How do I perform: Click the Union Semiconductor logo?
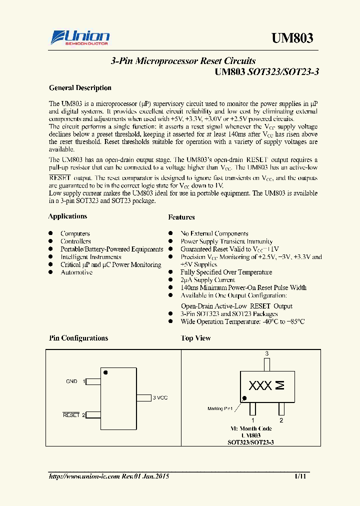pyautogui.click(x=80, y=37)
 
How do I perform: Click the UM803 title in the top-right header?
pyautogui.click(x=292, y=38)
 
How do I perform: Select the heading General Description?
pyautogui.click(x=80, y=88)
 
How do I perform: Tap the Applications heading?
pyautogui.click(x=67, y=216)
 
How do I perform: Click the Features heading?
pyautogui.click(x=181, y=217)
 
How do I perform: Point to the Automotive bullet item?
pyautogui.click(x=76, y=272)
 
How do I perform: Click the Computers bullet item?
pyautogui.click(x=75, y=233)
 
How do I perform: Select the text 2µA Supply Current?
pyautogui.click(x=207, y=280)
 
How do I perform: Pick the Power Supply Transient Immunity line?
pyautogui.click(x=226, y=241)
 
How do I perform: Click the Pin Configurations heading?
pyautogui.click(x=78, y=338)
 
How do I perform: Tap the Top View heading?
pyautogui.click(x=195, y=338)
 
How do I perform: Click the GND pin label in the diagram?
pyautogui.click(x=71, y=381)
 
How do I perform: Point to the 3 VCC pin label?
pyautogui.click(x=160, y=397)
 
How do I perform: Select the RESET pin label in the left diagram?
pyautogui.click(x=71, y=415)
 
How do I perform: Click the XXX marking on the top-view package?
pyautogui.click(x=260, y=386)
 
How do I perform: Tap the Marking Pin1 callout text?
pyautogui.click(x=220, y=408)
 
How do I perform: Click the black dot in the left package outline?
pyautogui.click(x=105, y=372)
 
